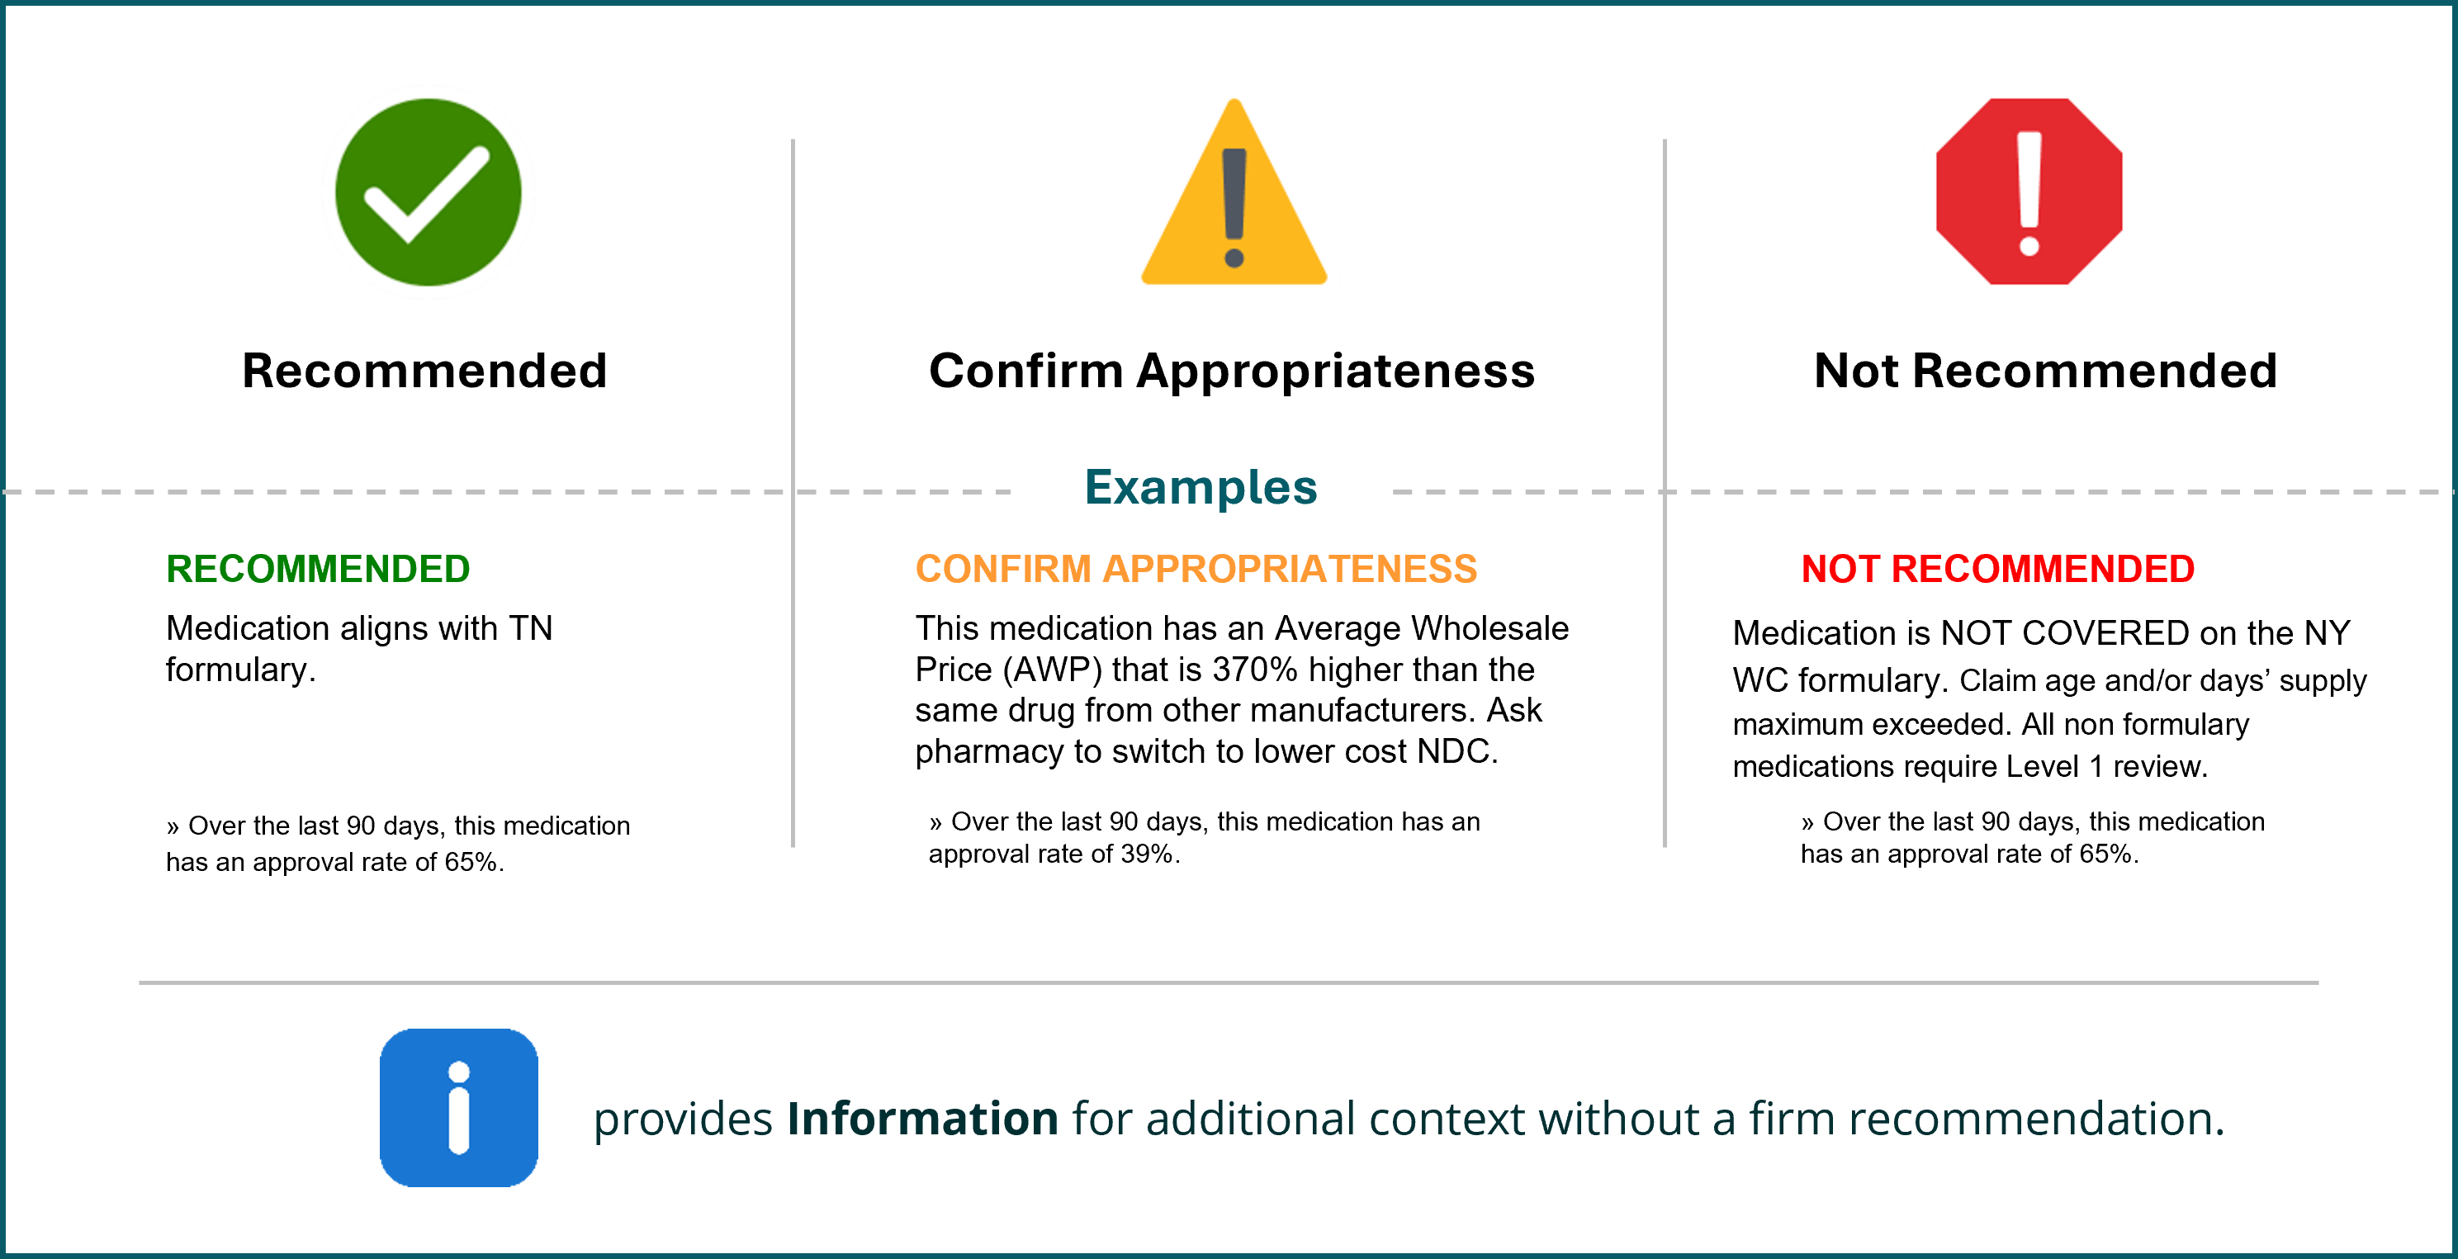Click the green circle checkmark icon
(429, 192)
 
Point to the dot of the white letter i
(459, 1072)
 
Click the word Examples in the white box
(1201, 487)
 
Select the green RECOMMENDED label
(318, 570)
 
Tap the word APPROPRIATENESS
(1290, 570)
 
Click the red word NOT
(1839, 570)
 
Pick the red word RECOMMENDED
(2042, 570)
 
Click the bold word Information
(921, 1119)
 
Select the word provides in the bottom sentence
(682, 1119)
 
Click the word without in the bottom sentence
(1618, 1119)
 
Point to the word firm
(1791, 1119)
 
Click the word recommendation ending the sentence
(2034, 1119)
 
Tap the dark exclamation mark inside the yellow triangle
(1234, 205)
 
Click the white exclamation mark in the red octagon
(2029, 191)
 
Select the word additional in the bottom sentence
(1250, 1119)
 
